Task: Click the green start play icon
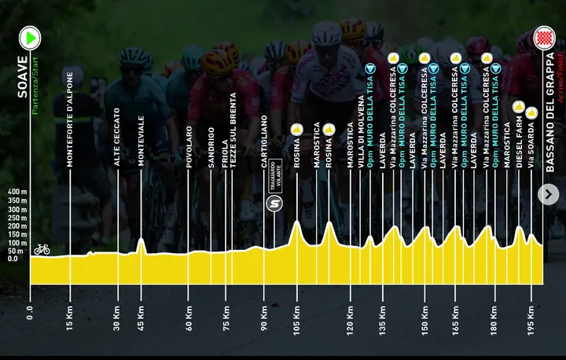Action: click(x=30, y=37)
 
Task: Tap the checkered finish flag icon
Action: click(x=543, y=37)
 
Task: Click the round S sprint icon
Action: click(x=274, y=204)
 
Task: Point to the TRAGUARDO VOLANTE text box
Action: click(x=274, y=175)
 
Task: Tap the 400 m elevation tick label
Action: click(x=16, y=191)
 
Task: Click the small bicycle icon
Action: click(x=42, y=249)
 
